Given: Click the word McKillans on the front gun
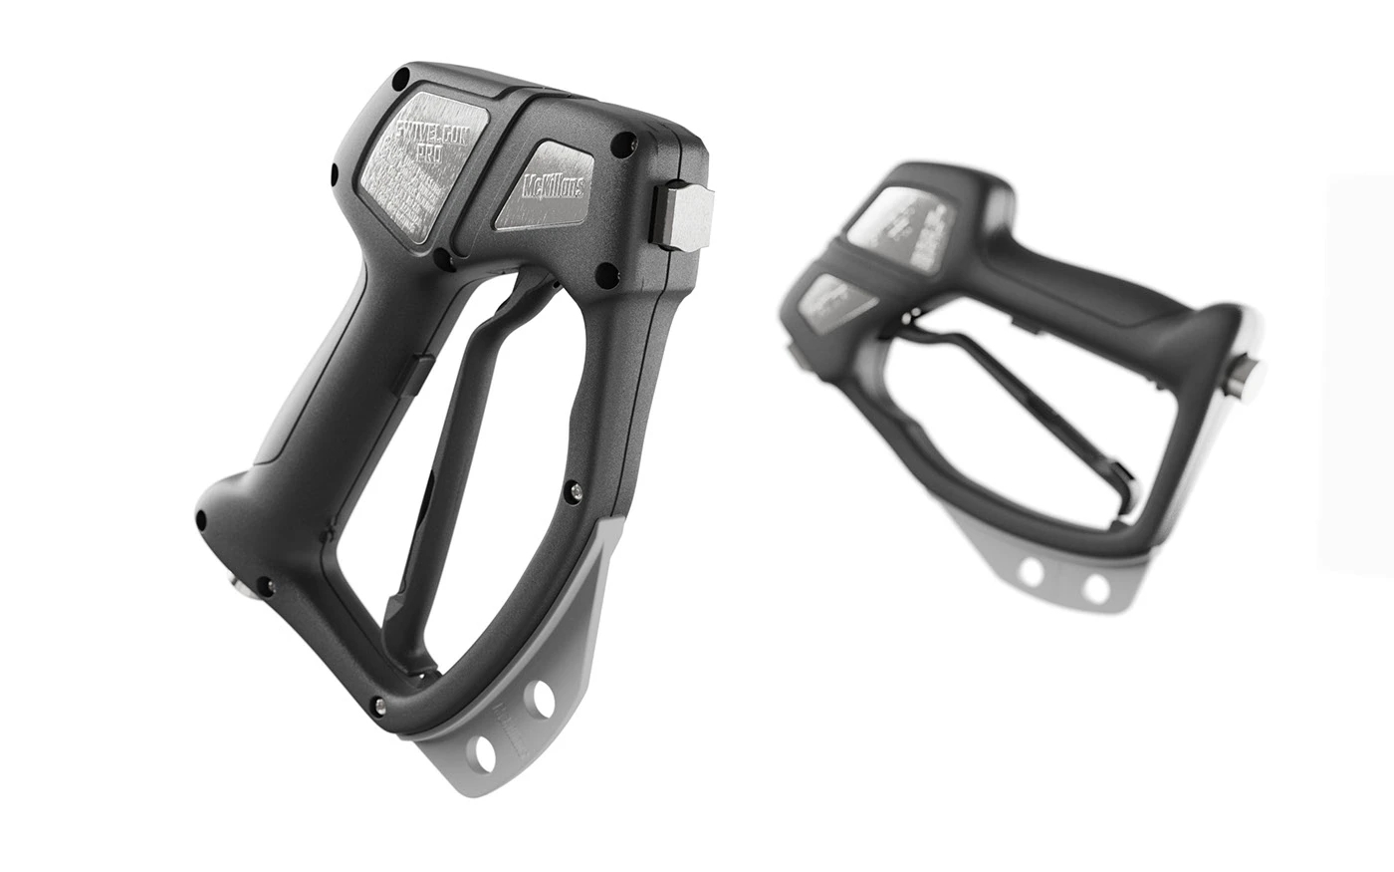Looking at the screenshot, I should click(554, 187).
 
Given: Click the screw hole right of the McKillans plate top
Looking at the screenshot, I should click(624, 145).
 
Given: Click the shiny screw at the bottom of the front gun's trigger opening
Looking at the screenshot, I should click(378, 706).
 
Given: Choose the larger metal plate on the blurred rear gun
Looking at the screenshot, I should click(900, 228).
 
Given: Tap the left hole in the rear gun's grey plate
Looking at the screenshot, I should click(1032, 572).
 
